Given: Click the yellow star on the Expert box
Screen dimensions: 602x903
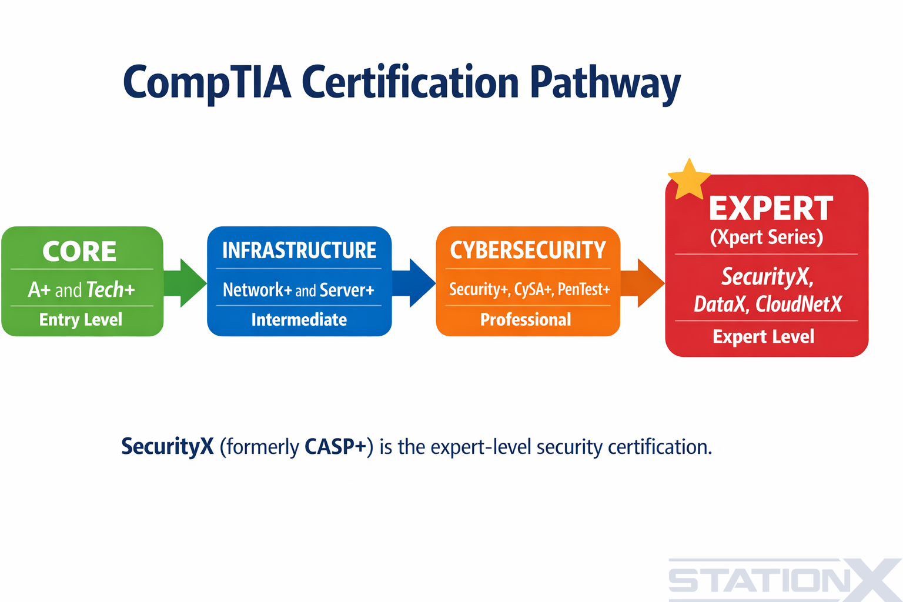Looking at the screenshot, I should (688, 180).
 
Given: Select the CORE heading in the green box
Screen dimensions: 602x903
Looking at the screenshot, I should (79, 252).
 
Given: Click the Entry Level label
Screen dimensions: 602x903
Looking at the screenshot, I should (81, 319).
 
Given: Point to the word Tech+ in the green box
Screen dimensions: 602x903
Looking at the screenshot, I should (111, 290).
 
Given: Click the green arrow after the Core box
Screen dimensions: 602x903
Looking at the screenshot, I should (185, 283).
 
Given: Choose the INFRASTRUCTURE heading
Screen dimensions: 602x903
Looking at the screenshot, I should (299, 250).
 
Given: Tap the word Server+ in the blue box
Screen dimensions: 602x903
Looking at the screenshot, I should (347, 290).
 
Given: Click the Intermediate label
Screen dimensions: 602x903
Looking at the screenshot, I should (299, 319).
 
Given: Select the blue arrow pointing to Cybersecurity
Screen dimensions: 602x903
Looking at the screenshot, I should (414, 283).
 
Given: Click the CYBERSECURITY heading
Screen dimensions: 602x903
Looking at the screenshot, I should (527, 250).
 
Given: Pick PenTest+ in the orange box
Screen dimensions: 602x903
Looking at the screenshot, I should (584, 289).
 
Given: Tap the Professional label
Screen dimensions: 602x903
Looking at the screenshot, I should (526, 319).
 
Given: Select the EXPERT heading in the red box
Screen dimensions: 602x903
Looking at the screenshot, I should (771, 209).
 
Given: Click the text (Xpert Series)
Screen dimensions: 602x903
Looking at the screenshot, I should (766, 237).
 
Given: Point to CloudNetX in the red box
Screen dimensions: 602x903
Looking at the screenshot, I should (798, 305).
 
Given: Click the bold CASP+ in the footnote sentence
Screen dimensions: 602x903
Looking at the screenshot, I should (335, 447).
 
